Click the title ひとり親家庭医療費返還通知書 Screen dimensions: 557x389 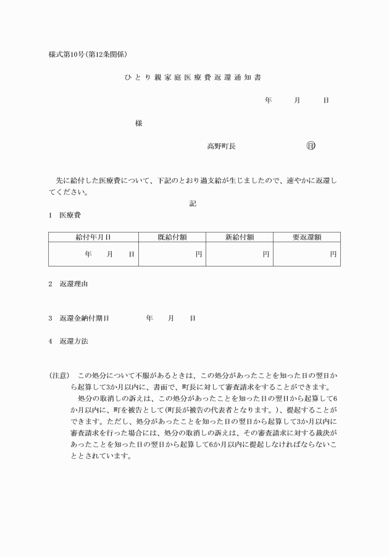(194, 78)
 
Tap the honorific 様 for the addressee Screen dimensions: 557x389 (139, 123)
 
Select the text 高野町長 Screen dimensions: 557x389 (221, 146)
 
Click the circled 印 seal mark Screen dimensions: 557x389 (311, 146)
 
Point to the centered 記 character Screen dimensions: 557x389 (193, 204)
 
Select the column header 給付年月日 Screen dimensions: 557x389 (93, 237)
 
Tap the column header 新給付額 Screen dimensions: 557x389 (240, 237)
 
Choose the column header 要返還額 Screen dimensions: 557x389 (306, 237)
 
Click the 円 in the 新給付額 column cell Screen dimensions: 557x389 (266, 254)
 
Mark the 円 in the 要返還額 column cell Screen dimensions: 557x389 (333, 254)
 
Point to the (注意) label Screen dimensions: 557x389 (59, 375)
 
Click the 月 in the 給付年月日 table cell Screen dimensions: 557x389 (110, 254)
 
